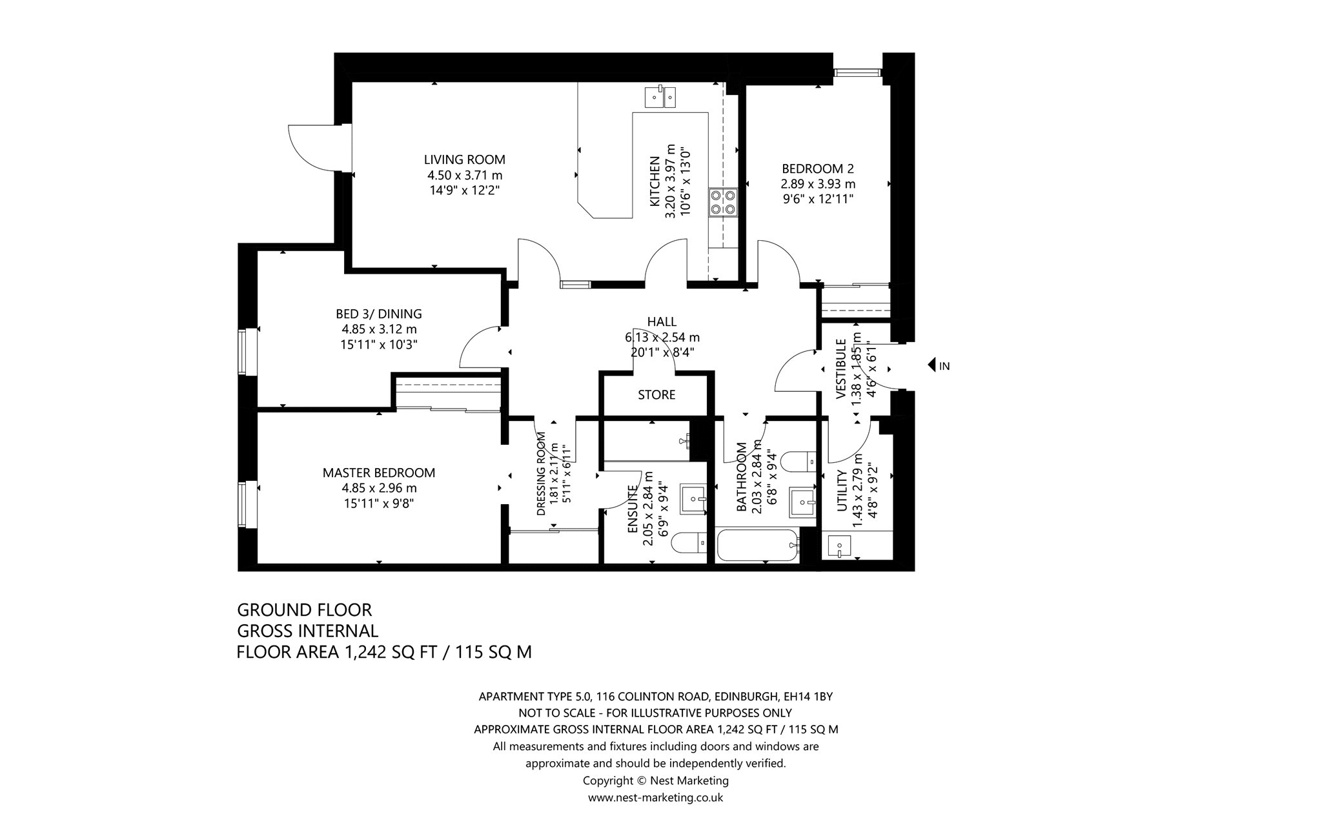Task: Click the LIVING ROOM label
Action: tap(464, 159)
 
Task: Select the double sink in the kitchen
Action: tap(660, 97)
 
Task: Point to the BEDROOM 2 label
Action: tap(817, 168)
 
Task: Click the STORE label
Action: tap(656, 394)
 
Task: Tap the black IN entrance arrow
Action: tap(932, 365)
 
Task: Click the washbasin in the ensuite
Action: tap(694, 498)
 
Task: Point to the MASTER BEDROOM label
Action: tap(379, 473)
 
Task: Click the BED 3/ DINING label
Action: tap(379, 314)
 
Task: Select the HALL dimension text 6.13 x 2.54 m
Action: tap(662, 337)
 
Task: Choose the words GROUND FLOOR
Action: tap(305, 610)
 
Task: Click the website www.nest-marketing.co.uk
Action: tap(655, 797)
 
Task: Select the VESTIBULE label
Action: tap(841, 369)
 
